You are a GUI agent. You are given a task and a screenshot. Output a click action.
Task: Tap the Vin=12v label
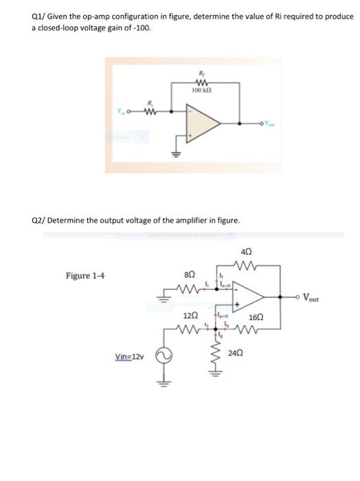(130, 357)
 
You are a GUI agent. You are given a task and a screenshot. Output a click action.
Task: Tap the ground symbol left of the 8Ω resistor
(162, 298)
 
